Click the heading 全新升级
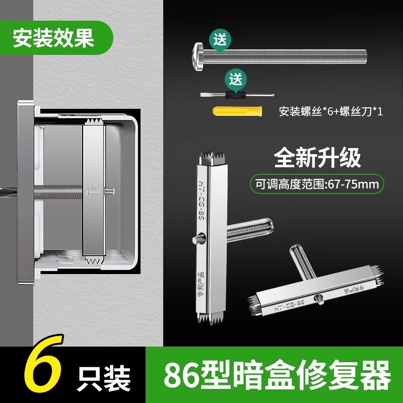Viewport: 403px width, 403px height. click(x=317, y=158)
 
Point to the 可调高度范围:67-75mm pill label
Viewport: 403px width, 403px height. click(x=317, y=184)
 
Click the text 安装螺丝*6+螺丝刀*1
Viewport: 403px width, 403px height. click(x=330, y=111)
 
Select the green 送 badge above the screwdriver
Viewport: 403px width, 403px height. click(x=235, y=79)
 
